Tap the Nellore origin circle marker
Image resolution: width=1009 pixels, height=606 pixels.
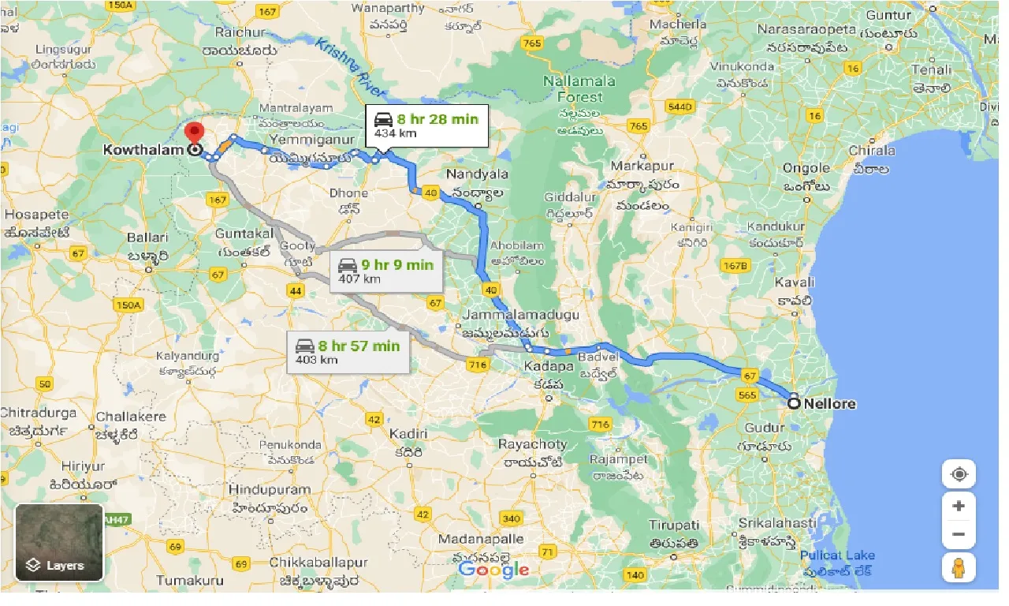(x=794, y=403)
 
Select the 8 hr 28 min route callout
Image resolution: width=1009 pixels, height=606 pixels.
(x=426, y=125)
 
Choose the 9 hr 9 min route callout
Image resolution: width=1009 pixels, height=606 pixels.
(x=386, y=271)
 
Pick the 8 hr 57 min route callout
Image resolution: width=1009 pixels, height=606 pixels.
(x=348, y=352)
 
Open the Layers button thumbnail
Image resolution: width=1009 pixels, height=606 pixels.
(x=59, y=542)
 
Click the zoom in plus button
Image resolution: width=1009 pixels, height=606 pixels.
(x=959, y=506)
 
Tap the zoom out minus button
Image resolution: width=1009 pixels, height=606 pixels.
(x=959, y=534)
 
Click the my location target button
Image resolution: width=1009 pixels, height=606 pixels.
(x=959, y=474)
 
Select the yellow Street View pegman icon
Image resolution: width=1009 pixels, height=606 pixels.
(x=959, y=567)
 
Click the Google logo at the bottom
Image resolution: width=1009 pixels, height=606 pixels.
(x=493, y=569)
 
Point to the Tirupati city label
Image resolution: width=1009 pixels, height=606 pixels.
(x=673, y=526)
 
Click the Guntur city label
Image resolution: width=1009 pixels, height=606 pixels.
(x=888, y=15)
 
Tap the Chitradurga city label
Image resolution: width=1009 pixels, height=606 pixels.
(x=39, y=413)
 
